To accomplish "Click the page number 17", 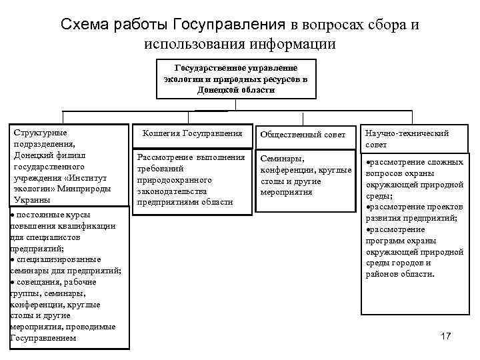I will [x=446, y=336].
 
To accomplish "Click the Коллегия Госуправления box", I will [x=193, y=133].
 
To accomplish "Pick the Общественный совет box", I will [x=303, y=134].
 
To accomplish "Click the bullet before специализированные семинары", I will [x=13, y=259].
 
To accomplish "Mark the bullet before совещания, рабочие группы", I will [x=13, y=282].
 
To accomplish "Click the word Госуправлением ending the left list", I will [x=43, y=338].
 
